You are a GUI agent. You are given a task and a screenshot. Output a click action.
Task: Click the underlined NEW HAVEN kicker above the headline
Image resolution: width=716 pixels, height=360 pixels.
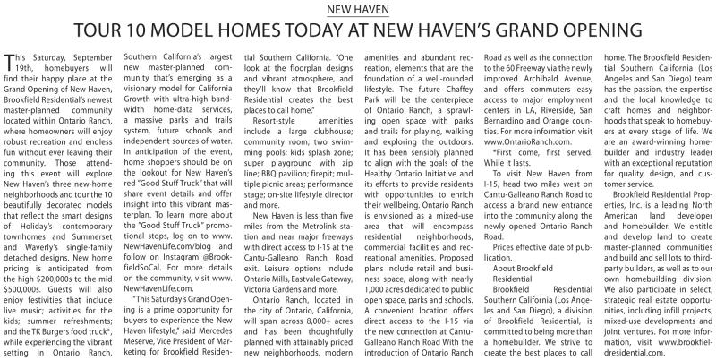(358, 9)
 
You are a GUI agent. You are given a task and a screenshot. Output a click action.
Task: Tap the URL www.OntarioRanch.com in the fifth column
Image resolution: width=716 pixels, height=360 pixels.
(525, 141)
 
